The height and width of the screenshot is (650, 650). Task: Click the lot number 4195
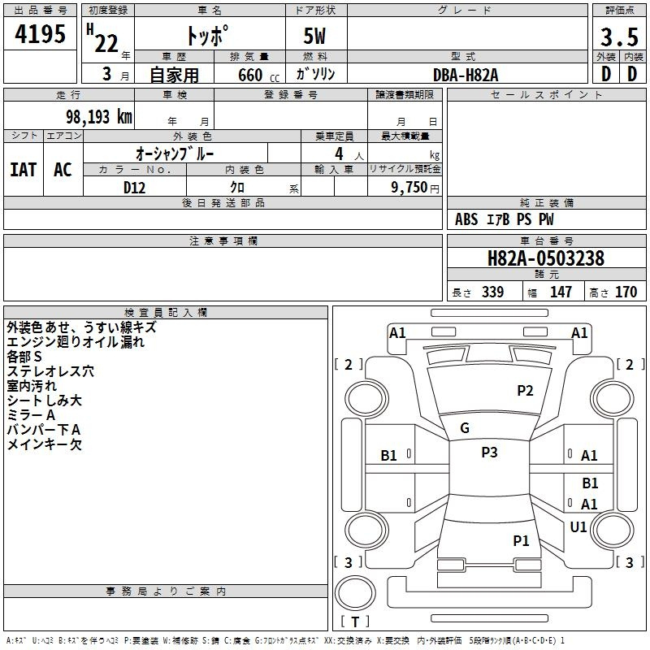(x=41, y=34)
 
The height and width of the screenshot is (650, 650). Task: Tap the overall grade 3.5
(x=618, y=37)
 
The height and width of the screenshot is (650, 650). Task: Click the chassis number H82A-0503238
(x=545, y=259)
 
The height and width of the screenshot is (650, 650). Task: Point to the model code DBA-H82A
(x=466, y=75)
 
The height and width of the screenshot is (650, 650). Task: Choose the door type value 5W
(x=316, y=37)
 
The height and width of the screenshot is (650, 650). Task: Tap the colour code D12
(x=134, y=187)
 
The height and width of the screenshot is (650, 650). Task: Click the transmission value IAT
(x=23, y=169)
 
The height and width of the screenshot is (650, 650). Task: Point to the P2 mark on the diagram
(x=525, y=391)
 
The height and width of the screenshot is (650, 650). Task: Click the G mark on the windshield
(x=465, y=428)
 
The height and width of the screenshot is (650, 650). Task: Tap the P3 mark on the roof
(x=489, y=453)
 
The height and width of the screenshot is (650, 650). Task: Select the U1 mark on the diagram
(x=578, y=527)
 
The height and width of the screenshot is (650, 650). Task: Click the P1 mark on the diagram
(x=521, y=540)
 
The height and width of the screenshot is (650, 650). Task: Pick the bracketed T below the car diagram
(x=354, y=622)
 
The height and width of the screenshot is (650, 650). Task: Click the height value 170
(x=626, y=292)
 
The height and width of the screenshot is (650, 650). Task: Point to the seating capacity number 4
(x=338, y=153)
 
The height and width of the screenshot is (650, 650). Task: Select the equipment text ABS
(x=466, y=219)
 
